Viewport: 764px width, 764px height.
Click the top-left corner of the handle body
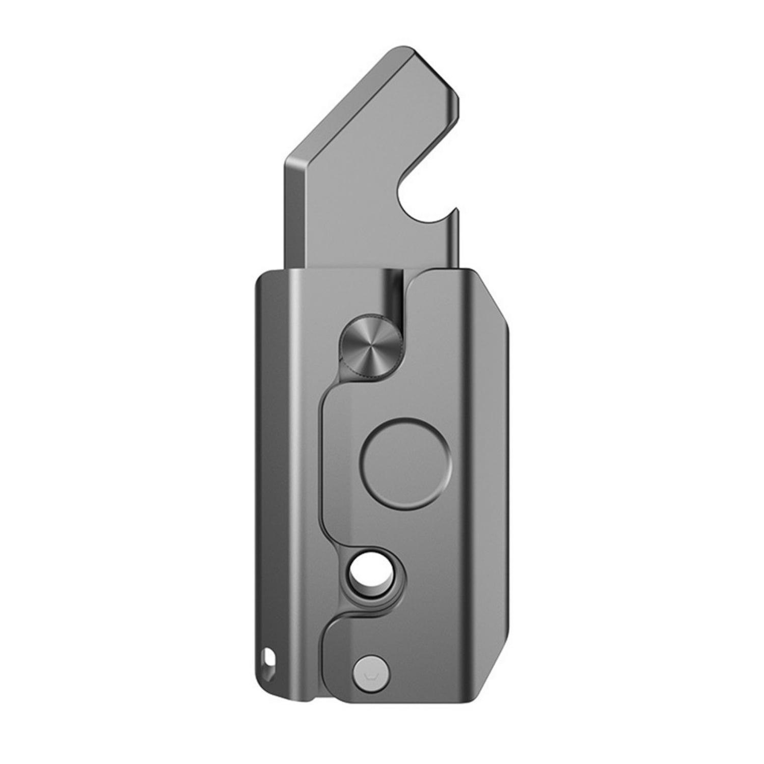(x=261, y=278)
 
